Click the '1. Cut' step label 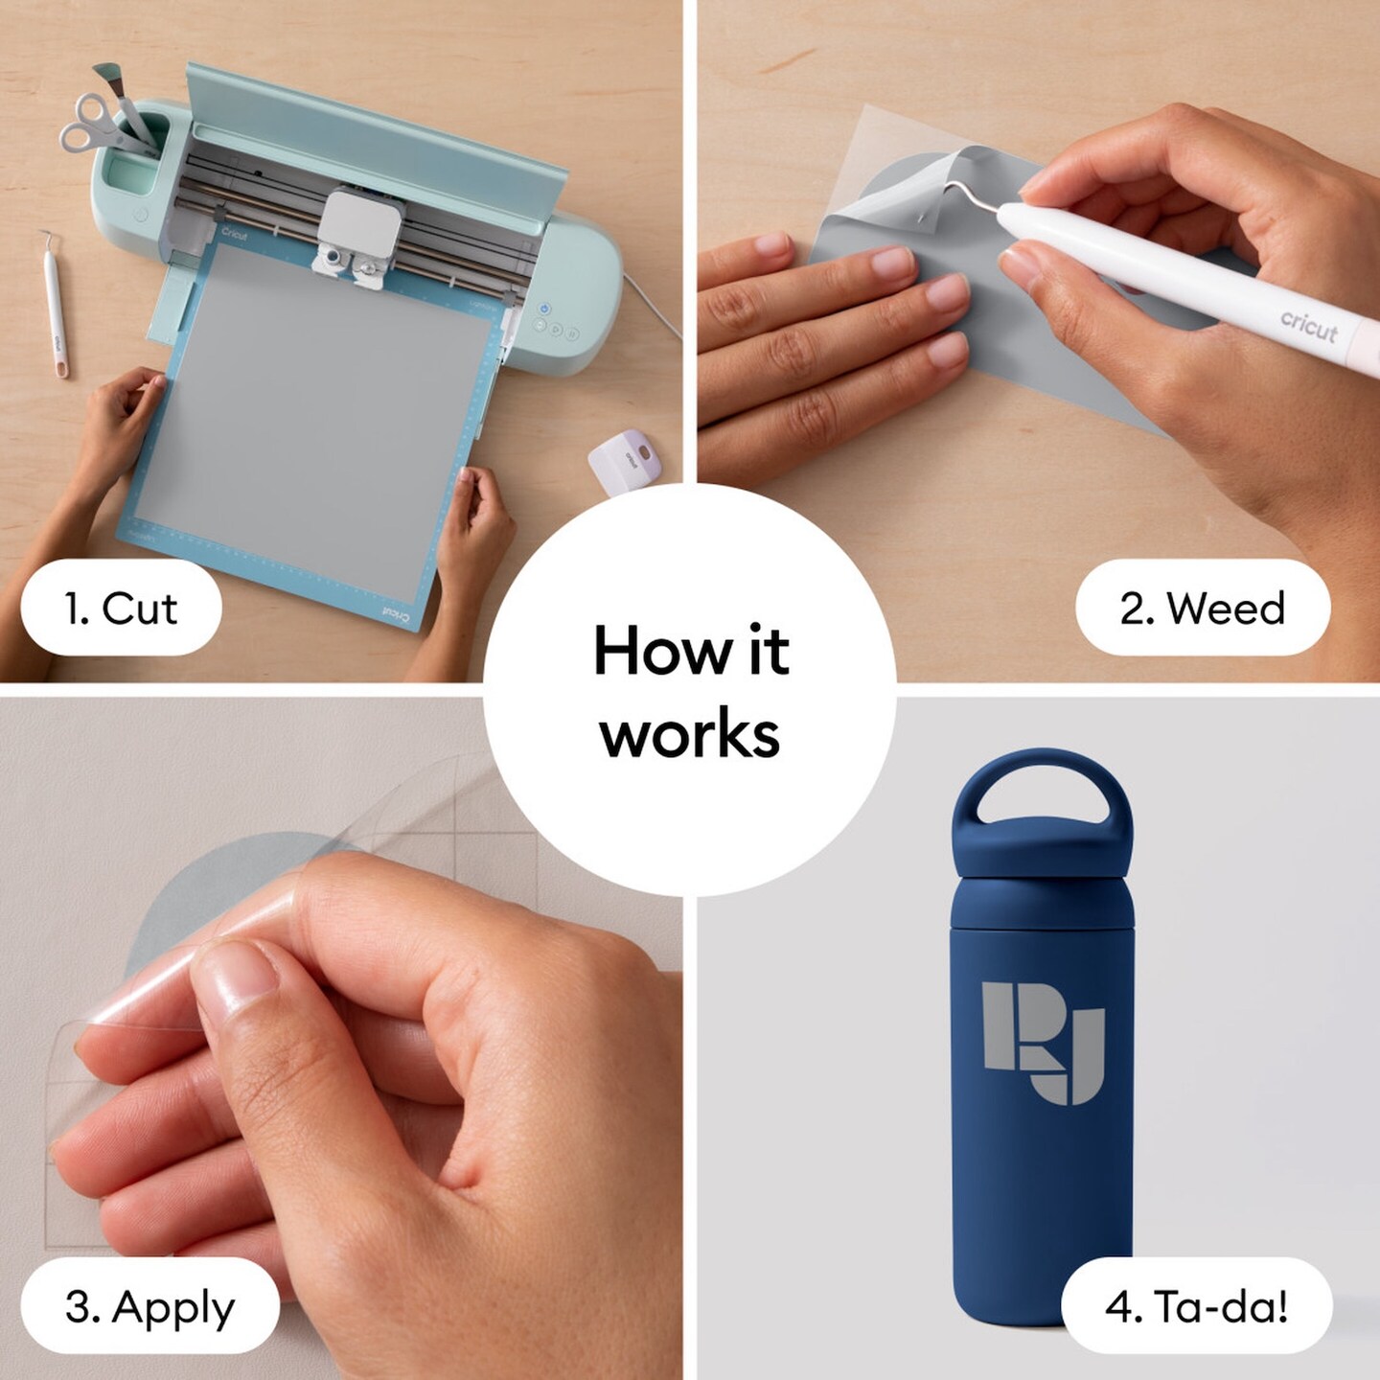point(121,608)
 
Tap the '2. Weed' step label point(1203,608)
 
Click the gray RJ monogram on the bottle point(1042,1042)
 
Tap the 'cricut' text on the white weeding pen point(1309,326)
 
